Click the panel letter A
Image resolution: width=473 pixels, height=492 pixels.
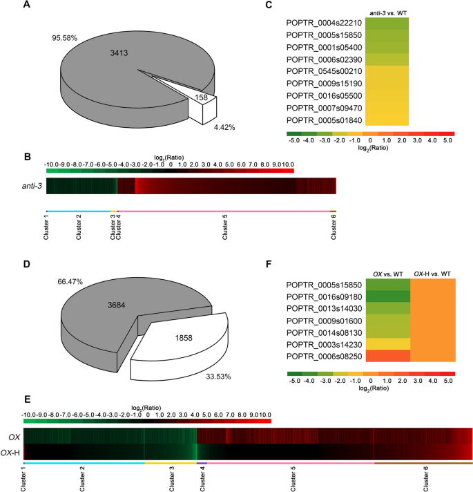pos(26,6)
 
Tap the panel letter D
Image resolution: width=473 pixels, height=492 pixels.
pos(26,263)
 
